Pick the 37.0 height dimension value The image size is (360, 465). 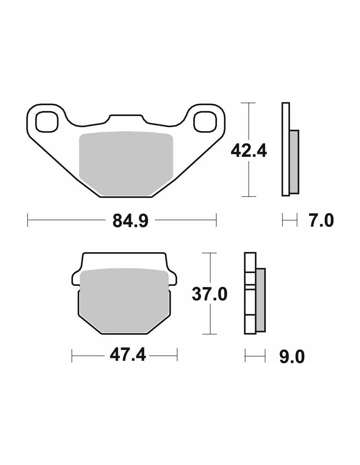209,294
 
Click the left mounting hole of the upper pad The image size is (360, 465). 47,121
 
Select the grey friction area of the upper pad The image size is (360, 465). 126,164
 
